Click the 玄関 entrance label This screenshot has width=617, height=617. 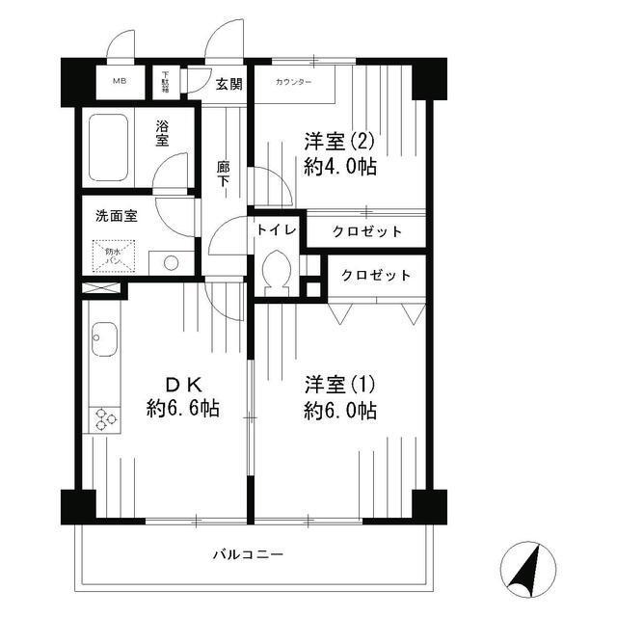(228, 84)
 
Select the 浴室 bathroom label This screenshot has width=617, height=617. (165, 132)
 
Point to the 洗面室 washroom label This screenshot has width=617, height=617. (116, 216)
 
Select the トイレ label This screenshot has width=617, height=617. (276, 230)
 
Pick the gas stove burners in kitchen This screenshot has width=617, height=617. (103, 420)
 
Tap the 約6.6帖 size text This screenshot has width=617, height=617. (183, 408)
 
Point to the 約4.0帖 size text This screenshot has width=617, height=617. (339, 166)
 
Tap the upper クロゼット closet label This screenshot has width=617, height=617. (367, 231)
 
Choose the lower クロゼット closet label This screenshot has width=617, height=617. (377, 275)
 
